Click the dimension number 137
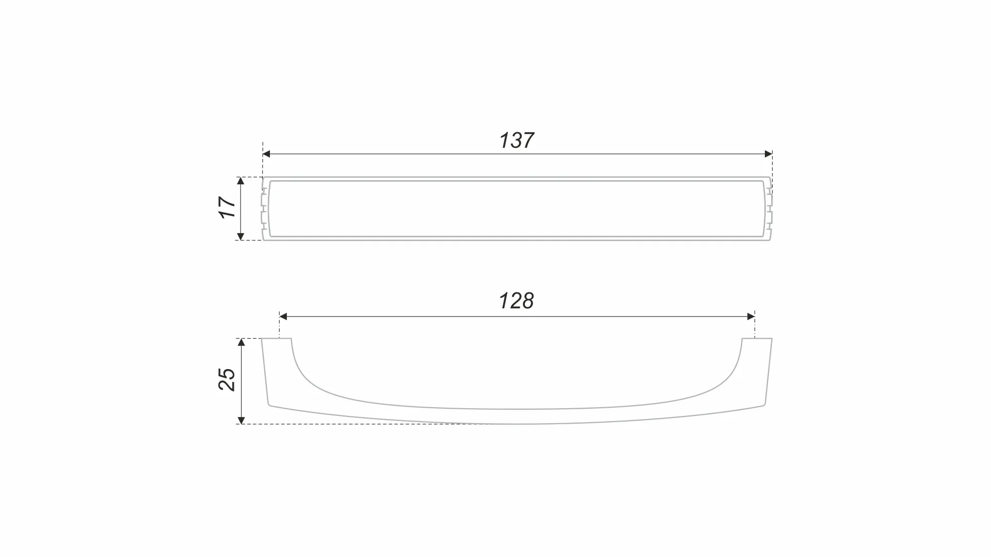coord(517,140)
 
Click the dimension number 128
coord(517,301)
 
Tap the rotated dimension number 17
coord(227,207)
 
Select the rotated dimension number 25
coord(227,379)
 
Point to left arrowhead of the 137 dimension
coord(266,154)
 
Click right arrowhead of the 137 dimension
coord(768,154)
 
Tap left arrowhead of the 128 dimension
coord(283,317)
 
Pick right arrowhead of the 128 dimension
coord(751,317)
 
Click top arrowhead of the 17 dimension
coord(241,181)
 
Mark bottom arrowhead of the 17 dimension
coord(241,237)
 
